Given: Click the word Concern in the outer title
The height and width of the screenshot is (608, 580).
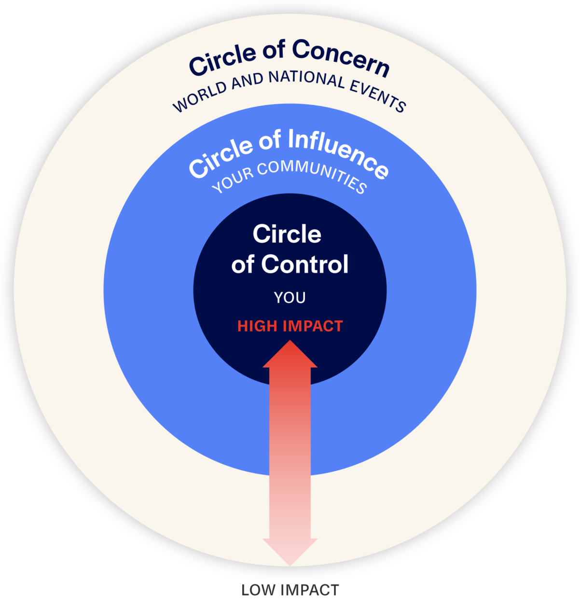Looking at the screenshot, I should [x=340, y=58].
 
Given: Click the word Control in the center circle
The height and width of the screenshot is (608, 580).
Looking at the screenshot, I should [x=304, y=264].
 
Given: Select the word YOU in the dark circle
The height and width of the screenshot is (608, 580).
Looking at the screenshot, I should [x=290, y=298].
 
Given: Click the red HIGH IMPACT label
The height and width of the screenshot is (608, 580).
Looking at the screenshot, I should [x=290, y=326].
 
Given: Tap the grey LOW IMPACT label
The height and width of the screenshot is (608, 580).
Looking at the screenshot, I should [x=290, y=590].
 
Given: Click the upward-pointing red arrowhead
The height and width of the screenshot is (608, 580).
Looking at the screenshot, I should [x=290, y=355].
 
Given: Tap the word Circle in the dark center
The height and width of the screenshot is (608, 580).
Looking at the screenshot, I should [x=287, y=235].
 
